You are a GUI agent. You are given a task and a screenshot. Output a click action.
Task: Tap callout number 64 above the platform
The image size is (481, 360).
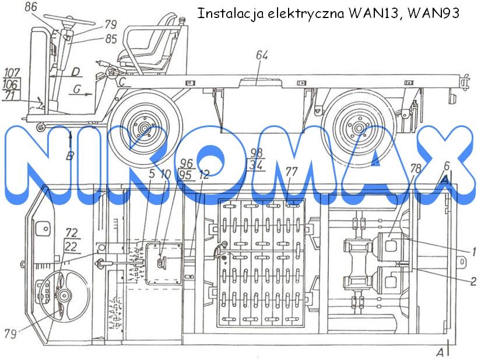click(x=262, y=55)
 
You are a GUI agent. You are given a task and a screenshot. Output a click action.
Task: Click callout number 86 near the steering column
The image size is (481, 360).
click(x=31, y=7)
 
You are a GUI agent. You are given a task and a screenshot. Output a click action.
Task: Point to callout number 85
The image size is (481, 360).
click(x=111, y=39)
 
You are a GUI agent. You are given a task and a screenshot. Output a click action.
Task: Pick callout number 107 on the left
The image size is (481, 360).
click(x=12, y=73)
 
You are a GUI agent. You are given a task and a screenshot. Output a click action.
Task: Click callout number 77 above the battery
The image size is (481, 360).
click(x=291, y=172)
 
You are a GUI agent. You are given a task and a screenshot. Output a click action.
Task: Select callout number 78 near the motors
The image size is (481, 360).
click(x=416, y=168)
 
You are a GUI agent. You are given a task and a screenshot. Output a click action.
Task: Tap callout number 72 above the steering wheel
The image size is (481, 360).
click(x=71, y=233)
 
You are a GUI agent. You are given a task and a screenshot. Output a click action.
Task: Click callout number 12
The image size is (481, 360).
click(x=203, y=175)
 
